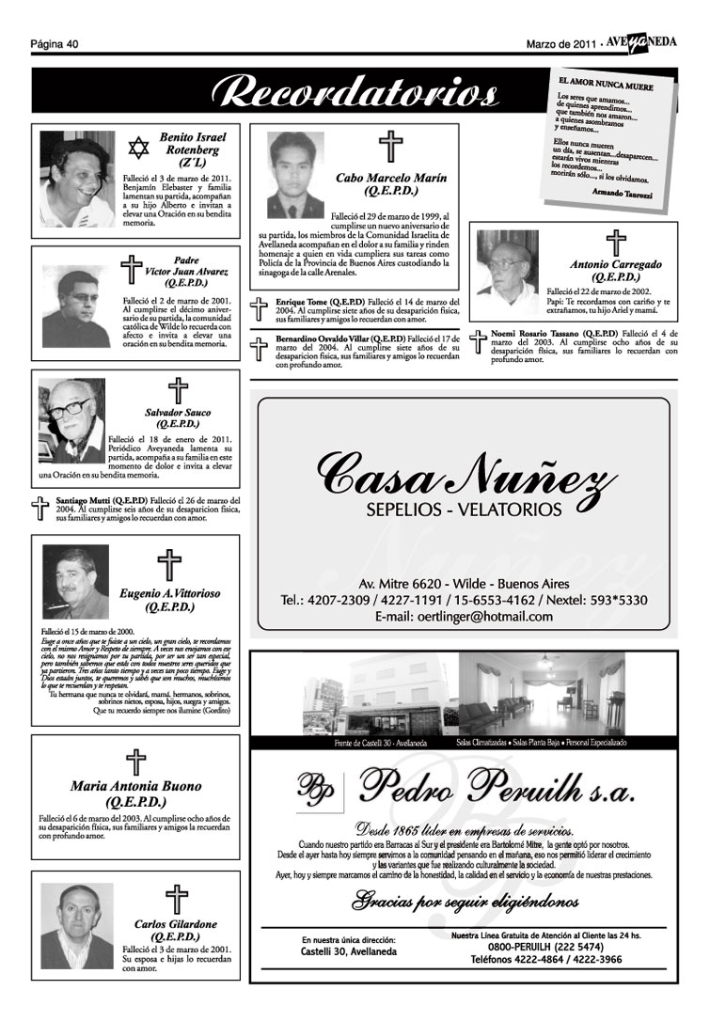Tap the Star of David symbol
coord(140,148)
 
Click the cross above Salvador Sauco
coord(177,390)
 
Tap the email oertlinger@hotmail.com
coord(463,617)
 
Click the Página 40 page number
coord(54,43)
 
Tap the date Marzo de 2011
coord(560,43)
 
